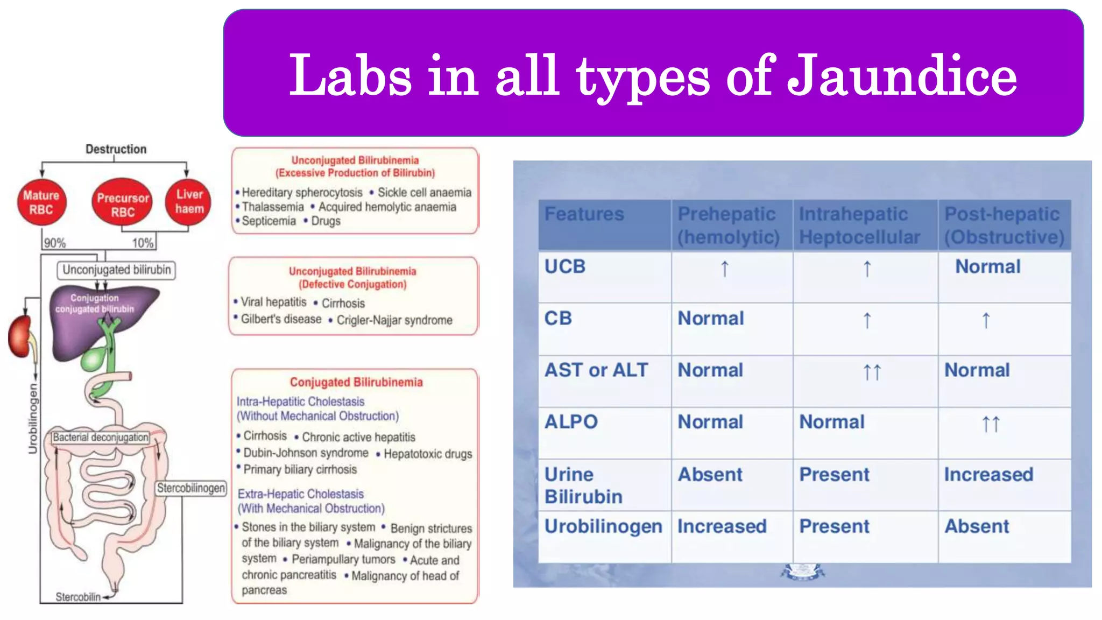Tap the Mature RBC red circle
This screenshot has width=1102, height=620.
pos(41,202)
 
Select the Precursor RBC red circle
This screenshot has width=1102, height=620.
pos(123,205)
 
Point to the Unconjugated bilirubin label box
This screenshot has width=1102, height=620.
pos(116,270)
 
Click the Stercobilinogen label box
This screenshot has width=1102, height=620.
pos(191,488)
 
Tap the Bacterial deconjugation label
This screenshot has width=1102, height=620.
pos(100,437)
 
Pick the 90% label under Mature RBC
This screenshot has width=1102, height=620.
pos(54,243)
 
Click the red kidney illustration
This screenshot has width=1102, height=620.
pos(20,337)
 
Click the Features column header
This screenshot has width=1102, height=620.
pos(584,214)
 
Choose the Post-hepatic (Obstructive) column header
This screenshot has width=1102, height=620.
pos(1004,226)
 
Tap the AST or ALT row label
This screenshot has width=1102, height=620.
pos(596,370)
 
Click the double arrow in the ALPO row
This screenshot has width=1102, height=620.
pos(991,424)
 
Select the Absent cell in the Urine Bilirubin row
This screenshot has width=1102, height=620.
pos(710,475)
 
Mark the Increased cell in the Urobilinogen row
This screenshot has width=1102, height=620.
pos(722,526)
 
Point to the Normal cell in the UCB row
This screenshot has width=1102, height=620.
pos(987,267)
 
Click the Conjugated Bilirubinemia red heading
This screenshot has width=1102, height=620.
pos(356,382)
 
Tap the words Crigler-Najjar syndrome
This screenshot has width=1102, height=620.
pos(394,320)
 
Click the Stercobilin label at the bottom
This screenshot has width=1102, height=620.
pos(78,597)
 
